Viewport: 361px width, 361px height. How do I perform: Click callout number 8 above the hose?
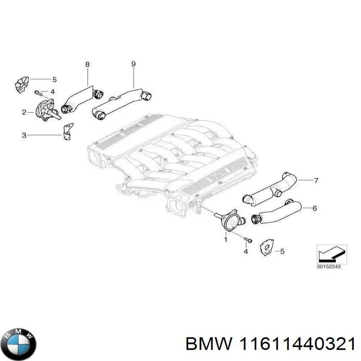[87, 65]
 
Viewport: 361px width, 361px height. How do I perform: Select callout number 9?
[134, 64]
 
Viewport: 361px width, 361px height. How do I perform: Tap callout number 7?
[316, 181]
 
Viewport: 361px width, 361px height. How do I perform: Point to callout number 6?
[315, 208]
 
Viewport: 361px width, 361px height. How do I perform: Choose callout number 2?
[24, 112]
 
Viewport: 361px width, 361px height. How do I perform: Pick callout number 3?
[24, 135]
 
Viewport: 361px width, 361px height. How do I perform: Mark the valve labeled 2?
[45, 111]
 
